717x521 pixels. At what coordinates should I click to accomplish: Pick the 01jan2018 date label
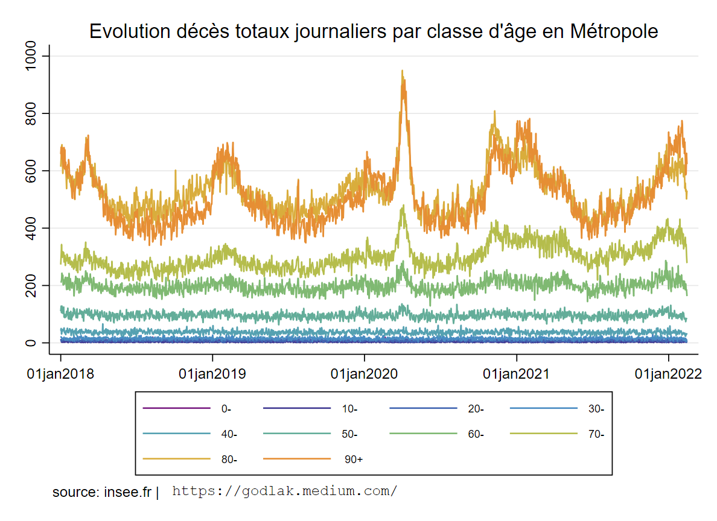[x=60, y=374]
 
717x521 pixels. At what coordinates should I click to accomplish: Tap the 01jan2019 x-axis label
[x=212, y=374]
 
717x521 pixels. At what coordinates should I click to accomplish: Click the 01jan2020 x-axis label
[x=365, y=374]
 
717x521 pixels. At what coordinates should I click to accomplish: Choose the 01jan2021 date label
[x=517, y=374]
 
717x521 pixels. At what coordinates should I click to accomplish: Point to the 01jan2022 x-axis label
[x=668, y=374]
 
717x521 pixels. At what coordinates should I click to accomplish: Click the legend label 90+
[x=354, y=459]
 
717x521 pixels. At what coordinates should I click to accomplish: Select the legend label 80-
[x=229, y=459]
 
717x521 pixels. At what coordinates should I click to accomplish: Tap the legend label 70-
[x=596, y=434]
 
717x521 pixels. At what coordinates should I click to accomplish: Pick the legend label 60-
[x=476, y=434]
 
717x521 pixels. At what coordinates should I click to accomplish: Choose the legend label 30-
[x=596, y=409]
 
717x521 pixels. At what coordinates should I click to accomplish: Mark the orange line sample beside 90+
[x=298, y=459]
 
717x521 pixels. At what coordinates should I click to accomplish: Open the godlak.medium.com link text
[x=285, y=491]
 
